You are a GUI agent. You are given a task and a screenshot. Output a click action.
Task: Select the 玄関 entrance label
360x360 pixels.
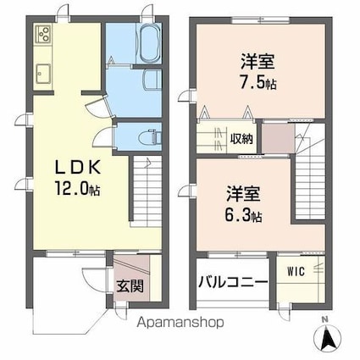[x=130, y=285]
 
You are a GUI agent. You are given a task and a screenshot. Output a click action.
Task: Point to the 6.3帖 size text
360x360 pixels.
[x=244, y=214]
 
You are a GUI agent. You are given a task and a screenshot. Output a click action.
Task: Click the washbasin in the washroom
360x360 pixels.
[x=152, y=80]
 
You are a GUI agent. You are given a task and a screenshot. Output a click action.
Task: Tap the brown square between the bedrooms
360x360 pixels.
[x=274, y=136]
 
